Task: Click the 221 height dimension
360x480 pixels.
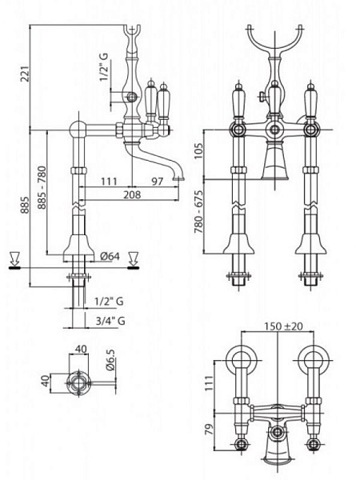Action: (x=25, y=74)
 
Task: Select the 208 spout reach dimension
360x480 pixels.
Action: (x=132, y=194)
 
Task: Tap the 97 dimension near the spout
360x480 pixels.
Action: (x=158, y=182)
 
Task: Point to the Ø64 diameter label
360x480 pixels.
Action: (x=110, y=256)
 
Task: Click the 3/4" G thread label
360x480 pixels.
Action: (x=110, y=321)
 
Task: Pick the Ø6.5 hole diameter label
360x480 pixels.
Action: (x=111, y=360)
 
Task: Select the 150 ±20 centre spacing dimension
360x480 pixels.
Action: (x=283, y=326)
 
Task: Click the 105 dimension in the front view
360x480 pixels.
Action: (x=198, y=150)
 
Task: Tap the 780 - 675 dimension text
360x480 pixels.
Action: (x=199, y=212)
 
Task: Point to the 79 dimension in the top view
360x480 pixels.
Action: (x=209, y=429)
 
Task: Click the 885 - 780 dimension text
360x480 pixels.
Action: (x=42, y=188)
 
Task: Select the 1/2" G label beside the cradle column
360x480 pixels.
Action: (x=104, y=67)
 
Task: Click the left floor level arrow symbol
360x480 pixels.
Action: (x=14, y=261)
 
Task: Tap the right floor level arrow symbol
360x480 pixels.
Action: (x=133, y=261)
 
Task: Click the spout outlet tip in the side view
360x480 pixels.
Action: (x=178, y=178)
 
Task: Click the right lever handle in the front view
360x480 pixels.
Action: (x=310, y=101)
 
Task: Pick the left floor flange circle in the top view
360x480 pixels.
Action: (x=241, y=359)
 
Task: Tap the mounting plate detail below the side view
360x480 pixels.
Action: (x=79, y=382)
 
